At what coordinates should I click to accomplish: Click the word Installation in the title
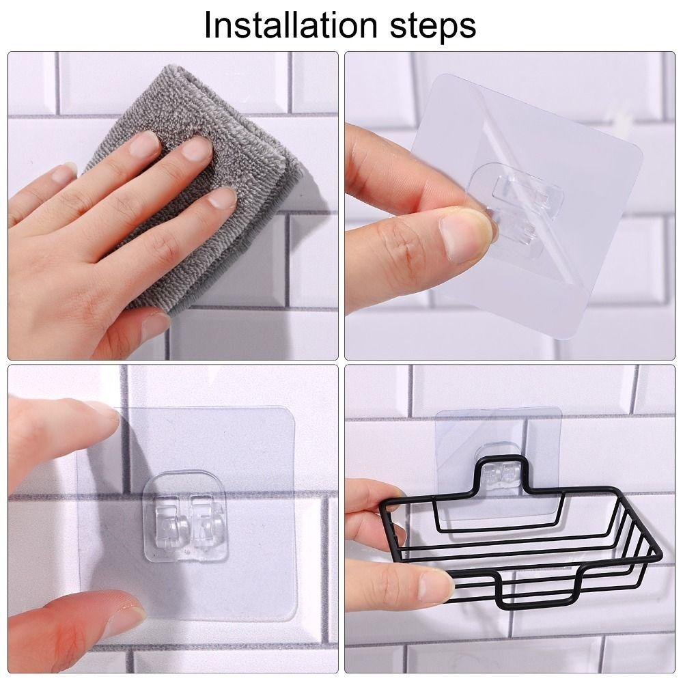290,25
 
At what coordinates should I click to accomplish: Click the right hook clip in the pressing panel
208,520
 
